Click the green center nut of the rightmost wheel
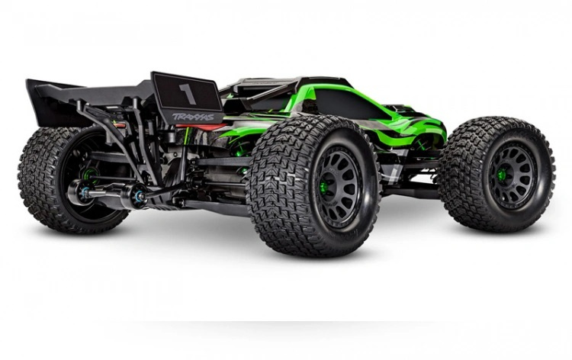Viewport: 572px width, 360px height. click(503, 175)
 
